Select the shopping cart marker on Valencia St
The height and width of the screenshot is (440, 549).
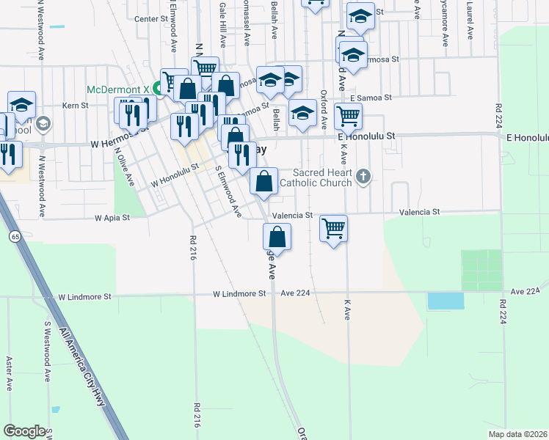[334, 229]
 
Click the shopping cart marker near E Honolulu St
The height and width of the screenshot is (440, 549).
[348, 115]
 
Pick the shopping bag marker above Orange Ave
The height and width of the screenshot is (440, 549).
[277, 237]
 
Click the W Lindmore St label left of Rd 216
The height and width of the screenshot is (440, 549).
[84, 297]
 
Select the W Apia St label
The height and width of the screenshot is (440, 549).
[112, 218]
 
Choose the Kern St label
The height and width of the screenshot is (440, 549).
[75, 106]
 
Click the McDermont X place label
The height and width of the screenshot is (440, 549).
[117, 89]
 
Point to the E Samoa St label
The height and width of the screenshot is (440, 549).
[371, 98]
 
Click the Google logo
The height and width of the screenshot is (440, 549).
[24, 431]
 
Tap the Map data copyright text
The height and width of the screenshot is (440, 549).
[517, 434]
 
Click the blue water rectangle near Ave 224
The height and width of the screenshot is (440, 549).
[446, 301]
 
